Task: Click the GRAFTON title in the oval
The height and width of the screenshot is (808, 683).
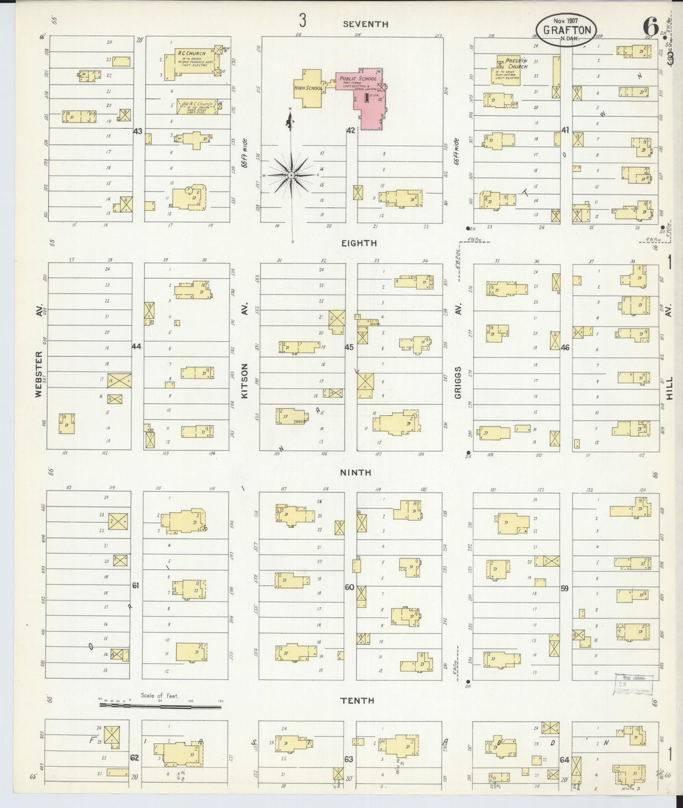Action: [567, 30]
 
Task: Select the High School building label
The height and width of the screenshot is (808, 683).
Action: [308, 88]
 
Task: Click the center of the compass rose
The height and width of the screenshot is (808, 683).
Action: [292, 175]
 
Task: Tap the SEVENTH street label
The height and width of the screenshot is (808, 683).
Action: [366, 24]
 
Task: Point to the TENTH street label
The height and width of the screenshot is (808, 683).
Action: [357, 700]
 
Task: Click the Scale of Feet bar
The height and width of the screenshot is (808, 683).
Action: [160, 706]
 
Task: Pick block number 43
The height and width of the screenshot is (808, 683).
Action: [138, 131]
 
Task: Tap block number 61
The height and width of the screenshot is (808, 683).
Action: [136, 585]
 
